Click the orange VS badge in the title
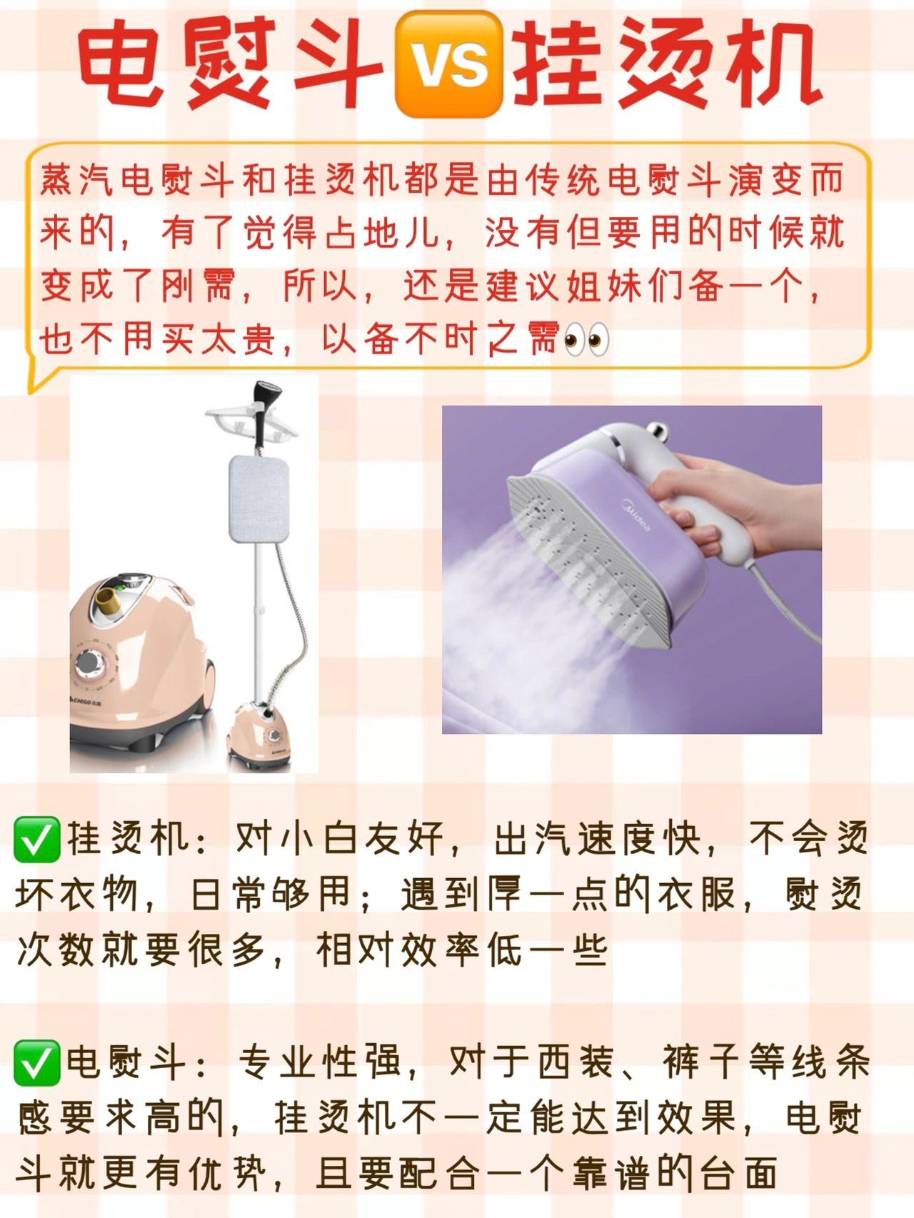pyautogui.click(x=449, y=64)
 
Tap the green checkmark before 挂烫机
pyautogui.click(x=36, y=840)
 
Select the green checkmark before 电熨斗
pyautogui.click(x=36, y=1063)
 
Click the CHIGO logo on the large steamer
pyautogui.click(x=86, y=701)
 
